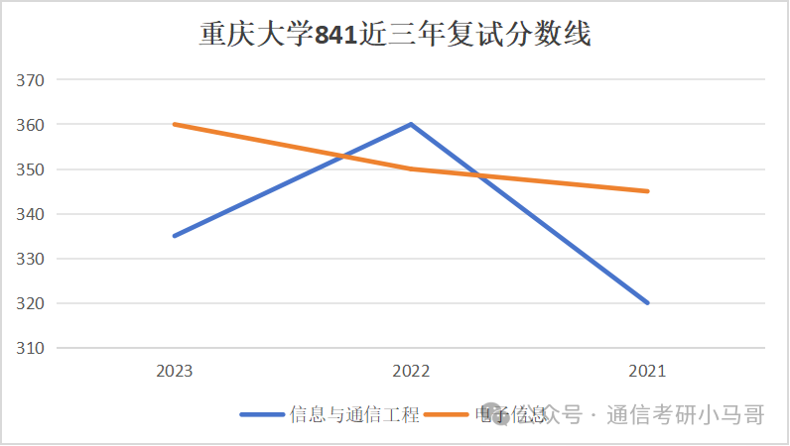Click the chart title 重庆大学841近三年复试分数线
394,36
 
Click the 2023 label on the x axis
175,371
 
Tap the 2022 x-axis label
411,371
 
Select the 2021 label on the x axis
647,371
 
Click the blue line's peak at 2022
411,124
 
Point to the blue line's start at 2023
175,236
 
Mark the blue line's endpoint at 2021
647,302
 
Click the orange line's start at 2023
175,124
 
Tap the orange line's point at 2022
411,168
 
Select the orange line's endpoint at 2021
647,191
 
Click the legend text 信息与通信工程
354,414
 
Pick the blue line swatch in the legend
263,414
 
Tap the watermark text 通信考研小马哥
685,414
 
